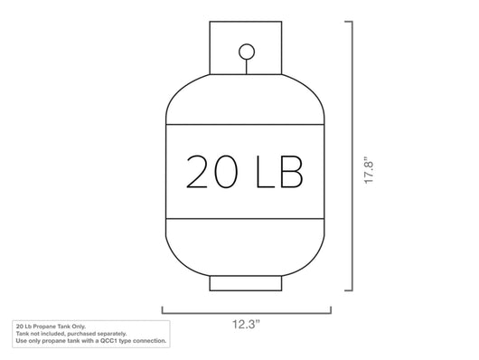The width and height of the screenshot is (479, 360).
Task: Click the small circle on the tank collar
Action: pyautogui.click(x=247, y=52)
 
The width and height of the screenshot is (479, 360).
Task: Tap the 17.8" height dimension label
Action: pyautogui.click(x=369, y=170)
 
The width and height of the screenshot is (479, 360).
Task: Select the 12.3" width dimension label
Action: pyautogui.click(x=246, y=324)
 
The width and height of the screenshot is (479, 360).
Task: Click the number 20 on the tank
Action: pyautogui.click(x=211, y=171)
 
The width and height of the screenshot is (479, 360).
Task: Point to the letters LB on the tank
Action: pyautogui.click(x=279, y=171)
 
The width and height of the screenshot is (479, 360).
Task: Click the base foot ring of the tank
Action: pyautogui.click(x=246, y=283)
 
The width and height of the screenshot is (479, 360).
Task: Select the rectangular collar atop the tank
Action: pyautogui.click(x=246, y=48)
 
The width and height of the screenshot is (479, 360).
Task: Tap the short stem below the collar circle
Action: pyautogui.click(x=246, y=67)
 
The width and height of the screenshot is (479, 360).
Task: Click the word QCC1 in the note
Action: pyautogui.click(x=108, y=341)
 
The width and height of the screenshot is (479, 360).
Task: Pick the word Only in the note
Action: pyautogui.click(x=80, y=327)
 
